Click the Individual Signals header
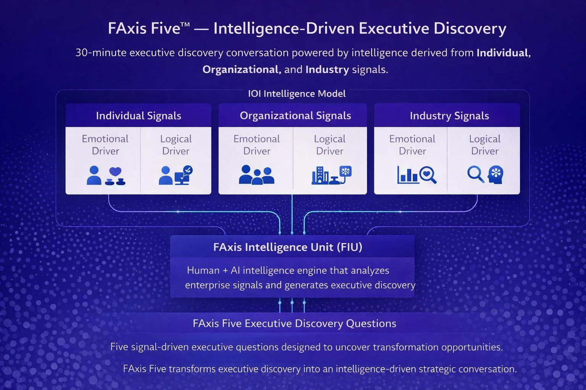138,116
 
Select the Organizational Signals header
295,116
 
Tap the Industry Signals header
449,116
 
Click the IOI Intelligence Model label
297,94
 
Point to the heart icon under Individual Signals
115,173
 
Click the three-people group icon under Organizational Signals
256,175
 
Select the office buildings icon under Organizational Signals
320,176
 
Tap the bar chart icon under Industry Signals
407,175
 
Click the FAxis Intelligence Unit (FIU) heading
288,247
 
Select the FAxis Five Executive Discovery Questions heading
294,323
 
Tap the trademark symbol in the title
185,25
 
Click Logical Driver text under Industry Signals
485,145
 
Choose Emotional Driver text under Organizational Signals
257,145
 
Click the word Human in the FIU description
203,270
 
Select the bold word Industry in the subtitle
327,69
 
